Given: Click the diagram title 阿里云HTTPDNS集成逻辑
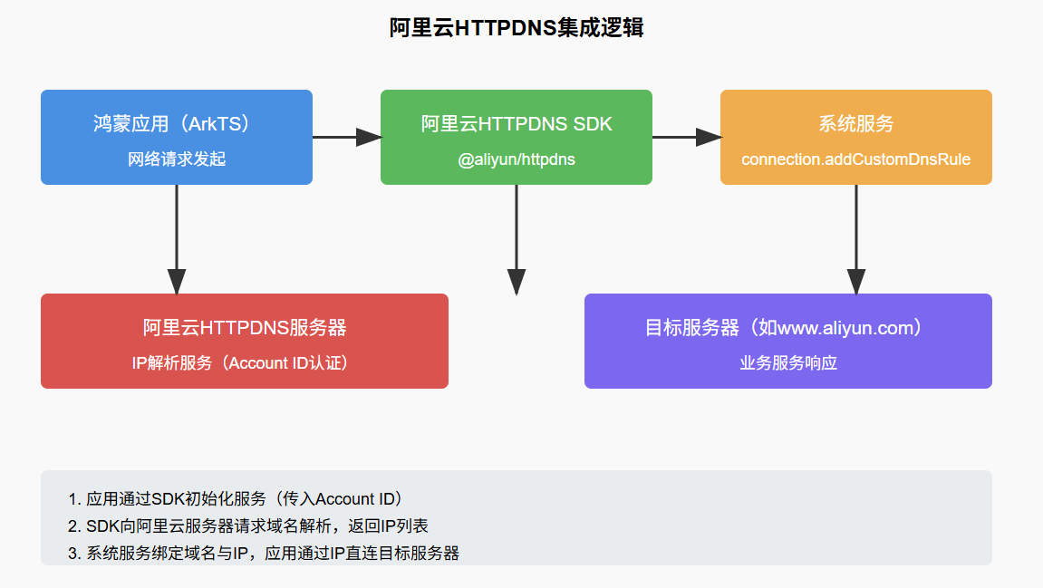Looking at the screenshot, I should (517, 28).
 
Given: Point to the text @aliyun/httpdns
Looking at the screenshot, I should (517, 159).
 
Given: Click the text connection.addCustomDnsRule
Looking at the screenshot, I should (855, 159).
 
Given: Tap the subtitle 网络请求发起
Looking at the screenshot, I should (177, 159).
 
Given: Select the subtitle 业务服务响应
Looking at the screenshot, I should (787, 362).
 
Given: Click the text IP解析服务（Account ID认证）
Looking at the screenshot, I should (245, 362).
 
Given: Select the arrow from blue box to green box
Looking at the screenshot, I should (346, 137).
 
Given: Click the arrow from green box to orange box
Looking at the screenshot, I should (686, 137).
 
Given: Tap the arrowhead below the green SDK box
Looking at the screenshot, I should (517, 282).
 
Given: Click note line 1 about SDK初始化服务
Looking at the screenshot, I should (236, 499).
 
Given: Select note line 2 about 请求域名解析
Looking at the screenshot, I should (247, 525).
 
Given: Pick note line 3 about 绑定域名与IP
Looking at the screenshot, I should (264, 553).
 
